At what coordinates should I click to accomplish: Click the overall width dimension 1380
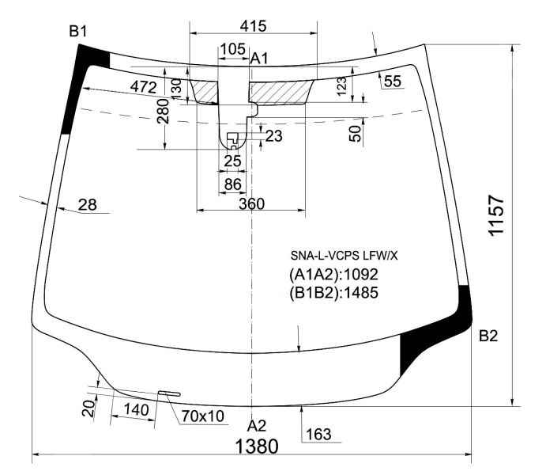[x=257, y=446]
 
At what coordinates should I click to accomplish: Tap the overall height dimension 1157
[x=496, y=215]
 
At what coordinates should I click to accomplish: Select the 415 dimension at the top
[x=253, y=26]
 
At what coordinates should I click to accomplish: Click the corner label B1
[x=77, y=32]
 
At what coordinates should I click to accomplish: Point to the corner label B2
[x=488, y=336]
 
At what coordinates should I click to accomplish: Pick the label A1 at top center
[x=259, y=59]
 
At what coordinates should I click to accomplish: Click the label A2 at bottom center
[x=257, y=426]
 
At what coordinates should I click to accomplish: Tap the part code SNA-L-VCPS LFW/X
[x=344, y=256]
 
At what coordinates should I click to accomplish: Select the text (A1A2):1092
[x=333, y=275]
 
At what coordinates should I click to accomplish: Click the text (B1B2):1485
[x=333, y=292]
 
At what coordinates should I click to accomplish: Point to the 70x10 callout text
[x=203, y=416]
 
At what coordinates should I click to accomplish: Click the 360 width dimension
[x=252, y=203]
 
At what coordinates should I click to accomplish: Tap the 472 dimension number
[x=144, y=86]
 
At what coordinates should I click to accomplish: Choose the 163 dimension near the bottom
[x=318, y=435]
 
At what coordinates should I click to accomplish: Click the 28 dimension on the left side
[x=88, y=205]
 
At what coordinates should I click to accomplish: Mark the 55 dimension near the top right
[x=393, y=82]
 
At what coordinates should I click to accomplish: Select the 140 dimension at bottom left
[x=137, y=410]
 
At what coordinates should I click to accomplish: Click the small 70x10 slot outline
[x=170, y=393]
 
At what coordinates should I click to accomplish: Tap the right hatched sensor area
[x=281, y=92]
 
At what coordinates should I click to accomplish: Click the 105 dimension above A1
[x=233, y=49]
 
